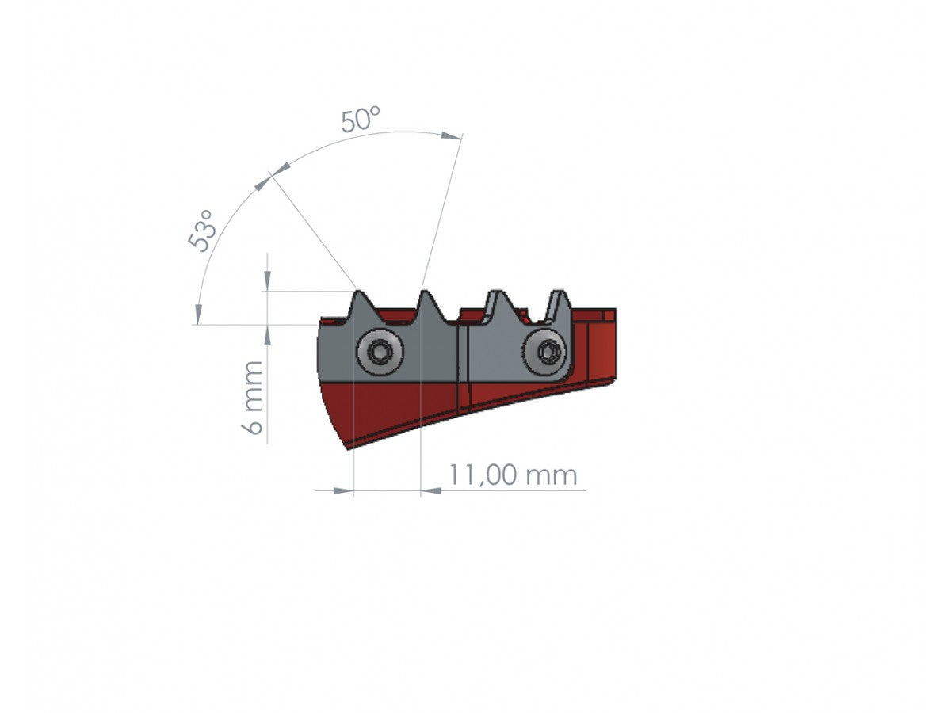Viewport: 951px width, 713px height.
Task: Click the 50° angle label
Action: coord(361,120)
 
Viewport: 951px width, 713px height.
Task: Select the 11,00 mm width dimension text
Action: coord(513,475)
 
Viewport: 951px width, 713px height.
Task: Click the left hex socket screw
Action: coord(380,352)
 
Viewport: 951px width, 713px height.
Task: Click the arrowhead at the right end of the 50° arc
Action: coord(452,136)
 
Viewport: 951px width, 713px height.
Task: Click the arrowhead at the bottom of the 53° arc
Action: coord(196,314)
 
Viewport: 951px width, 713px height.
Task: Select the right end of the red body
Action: coord(612,349)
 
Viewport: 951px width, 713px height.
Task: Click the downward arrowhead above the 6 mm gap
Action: coord(268,281)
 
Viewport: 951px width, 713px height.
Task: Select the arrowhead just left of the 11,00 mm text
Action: coord(431,491)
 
